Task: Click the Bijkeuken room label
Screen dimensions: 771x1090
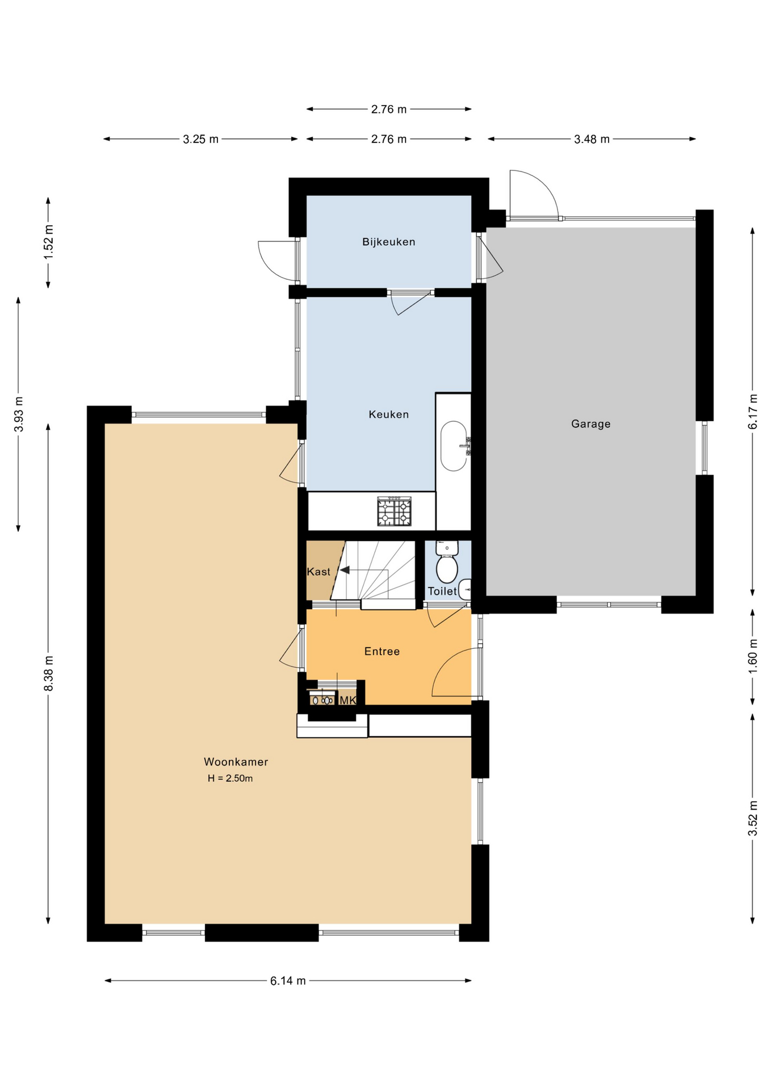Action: coord(389,242)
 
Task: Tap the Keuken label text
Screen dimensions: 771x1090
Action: coord(389,414)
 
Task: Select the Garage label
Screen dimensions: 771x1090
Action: coord(591,424)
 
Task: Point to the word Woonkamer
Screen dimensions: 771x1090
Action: coord(236,762)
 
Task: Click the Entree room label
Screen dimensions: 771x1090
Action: coord(382,651)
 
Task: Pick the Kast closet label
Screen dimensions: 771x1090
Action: coord(319,572)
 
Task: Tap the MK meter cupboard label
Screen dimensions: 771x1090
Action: coord(347,701)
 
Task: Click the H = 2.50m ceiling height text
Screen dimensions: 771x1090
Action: coord(230,778)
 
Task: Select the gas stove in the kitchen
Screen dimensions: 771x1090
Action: coord(395,511)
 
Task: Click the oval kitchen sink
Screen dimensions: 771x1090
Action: coord(453,446)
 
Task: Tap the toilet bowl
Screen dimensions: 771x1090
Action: coord(447,569)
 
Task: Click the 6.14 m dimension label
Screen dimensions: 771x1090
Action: coord(288,980)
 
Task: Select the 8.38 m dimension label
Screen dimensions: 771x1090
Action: coord(49,673)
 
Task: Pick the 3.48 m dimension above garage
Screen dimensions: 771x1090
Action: coord(592,139)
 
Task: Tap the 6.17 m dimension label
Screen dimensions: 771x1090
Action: coord(753,412)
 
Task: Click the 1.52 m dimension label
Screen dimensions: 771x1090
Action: coord(49,242)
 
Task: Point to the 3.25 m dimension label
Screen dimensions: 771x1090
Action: coord(200,139)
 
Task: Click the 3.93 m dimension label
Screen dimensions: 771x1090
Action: coord(19,414)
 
